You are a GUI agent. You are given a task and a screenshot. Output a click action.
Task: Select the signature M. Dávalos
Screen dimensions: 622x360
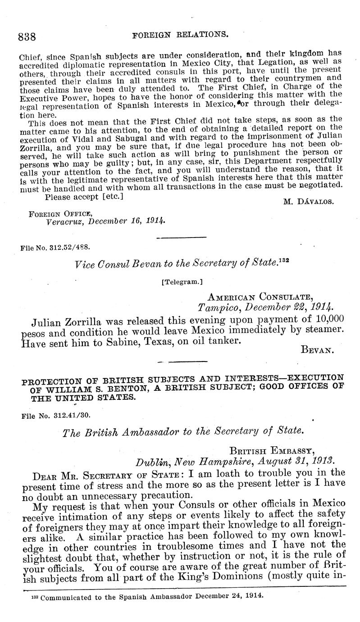(x=308, y=201)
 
